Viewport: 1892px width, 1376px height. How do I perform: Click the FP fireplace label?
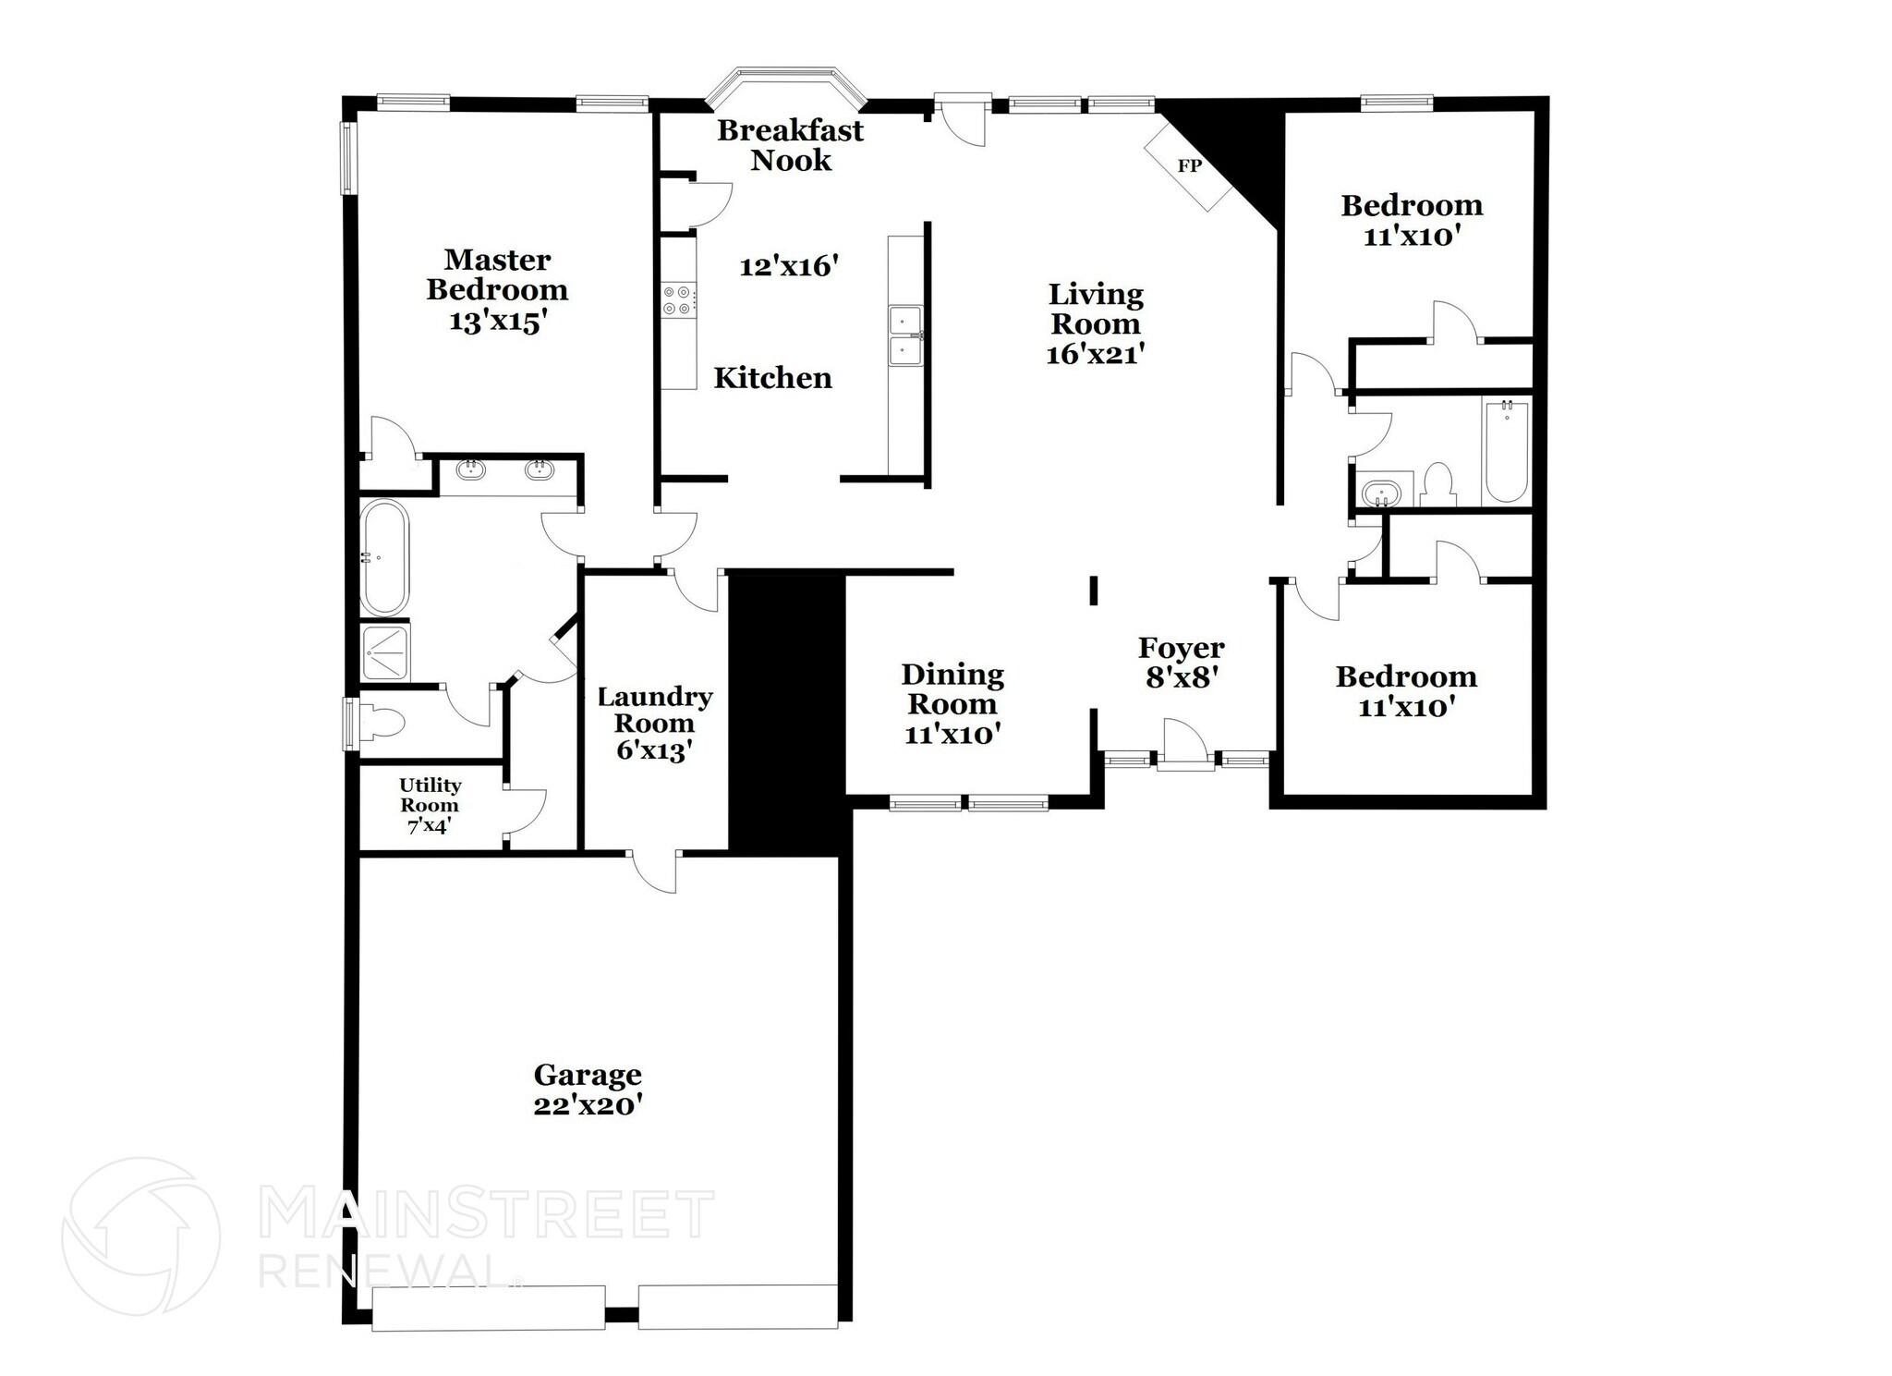point(1189,166)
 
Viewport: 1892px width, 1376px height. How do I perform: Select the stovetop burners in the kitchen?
point(678,300)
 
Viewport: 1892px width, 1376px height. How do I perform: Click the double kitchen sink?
point(904,336)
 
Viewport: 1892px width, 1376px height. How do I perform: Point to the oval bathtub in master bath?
point(383,558)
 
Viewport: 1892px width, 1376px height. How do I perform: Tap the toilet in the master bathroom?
point(381,722)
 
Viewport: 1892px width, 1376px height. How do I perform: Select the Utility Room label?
point(430,795)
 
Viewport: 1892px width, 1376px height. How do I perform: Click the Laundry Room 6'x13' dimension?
point(654,750)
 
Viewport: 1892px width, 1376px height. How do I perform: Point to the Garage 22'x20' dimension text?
point(588,1104)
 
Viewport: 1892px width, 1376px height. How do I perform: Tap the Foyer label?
point(1181,648)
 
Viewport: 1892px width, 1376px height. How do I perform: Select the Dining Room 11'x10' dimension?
point(952,735)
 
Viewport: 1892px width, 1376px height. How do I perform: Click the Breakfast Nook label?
point(790,145)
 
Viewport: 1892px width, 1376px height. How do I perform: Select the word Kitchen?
point(772,378)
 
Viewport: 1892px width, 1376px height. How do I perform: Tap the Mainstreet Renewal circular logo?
point(140,1236)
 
